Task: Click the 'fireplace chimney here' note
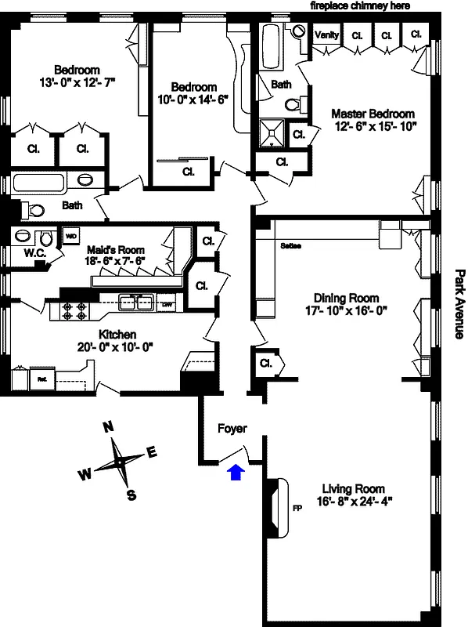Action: [x=360, y=6]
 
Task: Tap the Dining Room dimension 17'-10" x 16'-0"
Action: [x=346, y=310]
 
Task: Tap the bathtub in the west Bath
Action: [x=39, y=185]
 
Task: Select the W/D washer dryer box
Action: [x=70, y=235]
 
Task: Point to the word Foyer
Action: [x=232, y=429]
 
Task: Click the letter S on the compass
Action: [x=131, y=494]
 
